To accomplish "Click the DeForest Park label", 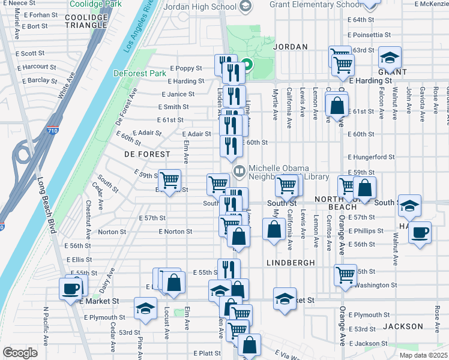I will point(139,74).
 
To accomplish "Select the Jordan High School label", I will point(202,7).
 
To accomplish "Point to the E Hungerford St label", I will point(371,157).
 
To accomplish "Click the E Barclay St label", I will point(40,81).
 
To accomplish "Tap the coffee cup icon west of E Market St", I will point(71,289).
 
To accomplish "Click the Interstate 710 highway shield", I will point(51,129).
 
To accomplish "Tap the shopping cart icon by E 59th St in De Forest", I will point(170,179).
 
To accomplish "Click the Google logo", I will point(20,353).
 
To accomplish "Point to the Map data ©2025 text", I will point(423,355).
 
